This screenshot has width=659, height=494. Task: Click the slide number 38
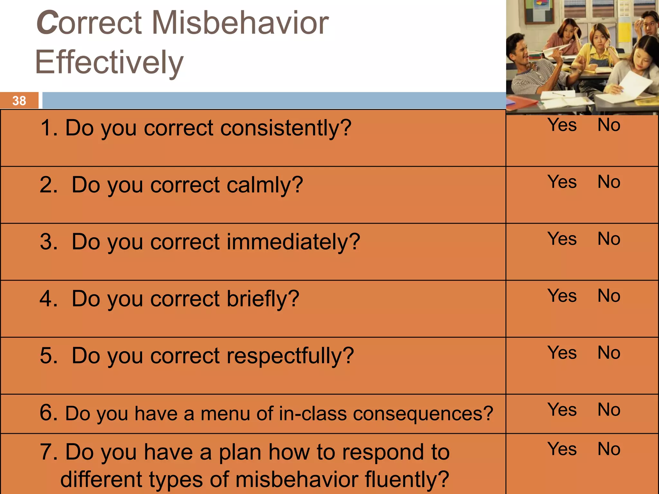coord(19,101)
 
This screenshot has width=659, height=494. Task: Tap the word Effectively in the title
coord(109,62)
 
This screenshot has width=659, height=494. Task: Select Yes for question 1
coord(562,125)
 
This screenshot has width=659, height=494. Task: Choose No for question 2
coord(609,182)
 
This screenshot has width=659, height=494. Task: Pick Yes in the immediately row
coord(562,239)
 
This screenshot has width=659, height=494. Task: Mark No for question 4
coord(609,296)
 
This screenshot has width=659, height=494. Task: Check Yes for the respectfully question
coord(562,352)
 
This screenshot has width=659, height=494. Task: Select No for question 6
coord(609,409)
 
